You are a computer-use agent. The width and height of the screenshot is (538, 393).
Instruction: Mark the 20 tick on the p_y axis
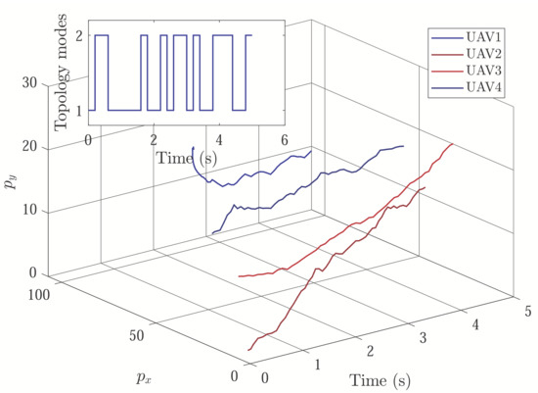pos(31,147)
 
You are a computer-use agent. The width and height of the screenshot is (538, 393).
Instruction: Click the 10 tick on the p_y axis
pos(31,211)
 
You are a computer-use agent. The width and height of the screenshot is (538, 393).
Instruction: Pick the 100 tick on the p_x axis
pos(40,295)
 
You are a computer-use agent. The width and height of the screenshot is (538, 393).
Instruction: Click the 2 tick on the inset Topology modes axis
pos(79,36)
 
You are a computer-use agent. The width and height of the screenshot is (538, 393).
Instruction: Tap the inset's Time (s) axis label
pos(186,156)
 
